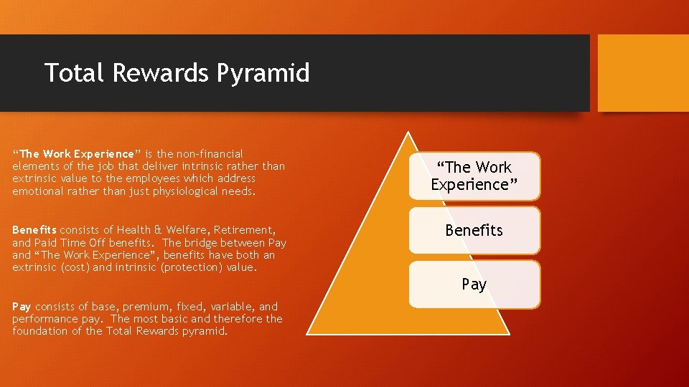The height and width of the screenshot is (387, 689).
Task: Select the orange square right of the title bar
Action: pos(642,73)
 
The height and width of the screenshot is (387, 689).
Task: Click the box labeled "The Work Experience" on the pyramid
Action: pos(474,176)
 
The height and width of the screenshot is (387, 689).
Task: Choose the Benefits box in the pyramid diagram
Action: pos(474,230)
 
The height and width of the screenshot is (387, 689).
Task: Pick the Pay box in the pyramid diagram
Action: pos(474,285)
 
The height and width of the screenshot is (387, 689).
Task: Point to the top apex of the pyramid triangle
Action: pos(408,132)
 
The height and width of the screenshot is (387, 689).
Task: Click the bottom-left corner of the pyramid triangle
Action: pos(308,334)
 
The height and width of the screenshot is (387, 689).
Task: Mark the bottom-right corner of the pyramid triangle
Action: pos(508,334)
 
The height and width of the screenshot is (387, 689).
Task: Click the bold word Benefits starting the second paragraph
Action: pos(34,230)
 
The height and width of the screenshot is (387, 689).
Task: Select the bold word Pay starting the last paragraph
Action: pos(22,306)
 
